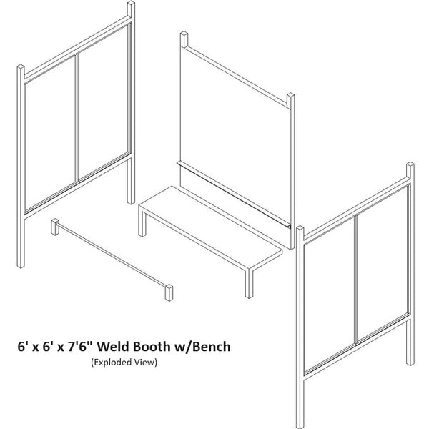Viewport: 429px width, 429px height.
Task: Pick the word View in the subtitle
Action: (x=144, y=363)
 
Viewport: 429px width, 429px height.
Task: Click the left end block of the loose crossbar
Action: (x=55, y=227)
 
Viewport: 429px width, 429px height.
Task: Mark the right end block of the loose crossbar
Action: (x=169, y=292)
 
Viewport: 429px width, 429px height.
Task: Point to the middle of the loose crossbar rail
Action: (x=112, y=258)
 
